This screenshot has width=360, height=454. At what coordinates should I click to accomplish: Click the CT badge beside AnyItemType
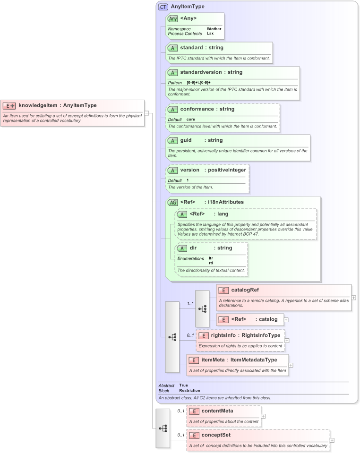click(163, 7)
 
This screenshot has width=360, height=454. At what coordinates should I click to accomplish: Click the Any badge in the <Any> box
click(173, 19)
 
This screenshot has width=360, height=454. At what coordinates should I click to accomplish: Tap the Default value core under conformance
click(190, 120)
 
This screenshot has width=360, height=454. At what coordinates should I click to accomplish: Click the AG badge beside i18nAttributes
click(173, 202)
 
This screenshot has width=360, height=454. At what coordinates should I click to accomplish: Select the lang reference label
click(223, 214)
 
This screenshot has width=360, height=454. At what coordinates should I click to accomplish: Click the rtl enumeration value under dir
click(211, 263)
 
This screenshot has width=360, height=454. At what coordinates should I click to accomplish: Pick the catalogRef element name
click(245, 290)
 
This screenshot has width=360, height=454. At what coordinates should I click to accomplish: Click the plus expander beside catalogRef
click(354, 298)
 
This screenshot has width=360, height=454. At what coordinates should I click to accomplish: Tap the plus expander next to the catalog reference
click(286, 319)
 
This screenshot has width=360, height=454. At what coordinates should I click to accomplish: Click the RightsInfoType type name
click(258, 335)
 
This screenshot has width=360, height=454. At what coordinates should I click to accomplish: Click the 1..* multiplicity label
click(190, 303)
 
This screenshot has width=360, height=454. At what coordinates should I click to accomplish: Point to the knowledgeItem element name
click(39, 105)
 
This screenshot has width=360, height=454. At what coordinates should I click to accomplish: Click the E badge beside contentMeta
click(193, 411)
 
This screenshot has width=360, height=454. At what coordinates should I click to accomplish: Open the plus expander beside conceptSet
click(332, 440)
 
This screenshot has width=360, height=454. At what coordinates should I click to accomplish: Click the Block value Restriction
click(189, 391)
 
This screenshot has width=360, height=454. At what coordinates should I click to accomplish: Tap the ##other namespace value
click(214, 29)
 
